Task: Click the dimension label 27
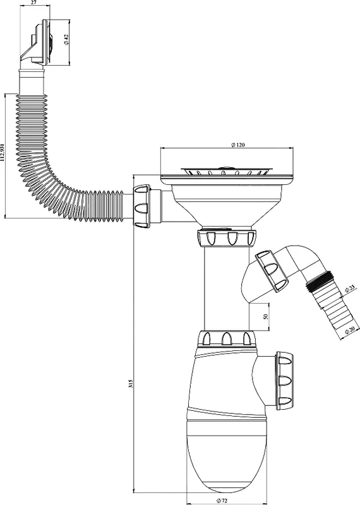pyautogui.click(x=34, y=3)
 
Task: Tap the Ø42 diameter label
pyautogui.click(x=66, y=40)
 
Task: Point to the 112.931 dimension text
pyautogui.click(x=3, y=152)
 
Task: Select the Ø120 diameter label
pyautogui.click(x=238, y=145)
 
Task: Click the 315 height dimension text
pyautogui.click(x=131, y=383)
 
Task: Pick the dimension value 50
pyautogui.click(x=265, y=317)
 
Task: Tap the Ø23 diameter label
pyautogui.click(x=349, y=288)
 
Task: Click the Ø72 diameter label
pyautogui.click(x=222, y=500)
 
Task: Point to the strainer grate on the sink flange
pyautogui.click(x=227, y=170)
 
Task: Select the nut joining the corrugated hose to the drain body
pyautogui.click(x=141, y=206)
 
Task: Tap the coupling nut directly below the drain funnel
pyautogui.click(x=227, y=237)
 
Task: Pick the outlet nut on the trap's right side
pyautogui.click(x=284, y=381)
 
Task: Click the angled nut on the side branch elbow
pyautogui.click(x=272, y=271)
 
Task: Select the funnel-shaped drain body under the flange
pyautogui.click(x=227, y=203)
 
